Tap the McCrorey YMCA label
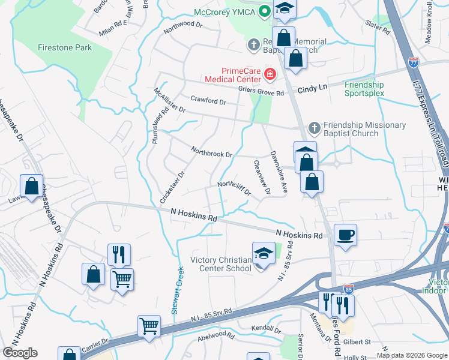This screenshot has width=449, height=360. pos(224,13)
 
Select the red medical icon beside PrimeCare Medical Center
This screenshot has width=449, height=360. pos(270,75)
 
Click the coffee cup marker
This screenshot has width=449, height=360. pos(346,235)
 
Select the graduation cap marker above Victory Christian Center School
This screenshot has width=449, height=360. pos(263,253)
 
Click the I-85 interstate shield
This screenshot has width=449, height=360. pos(348,289)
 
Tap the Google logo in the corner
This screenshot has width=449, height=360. pos(20,353)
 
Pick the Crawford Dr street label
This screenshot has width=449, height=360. pos(208,101)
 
